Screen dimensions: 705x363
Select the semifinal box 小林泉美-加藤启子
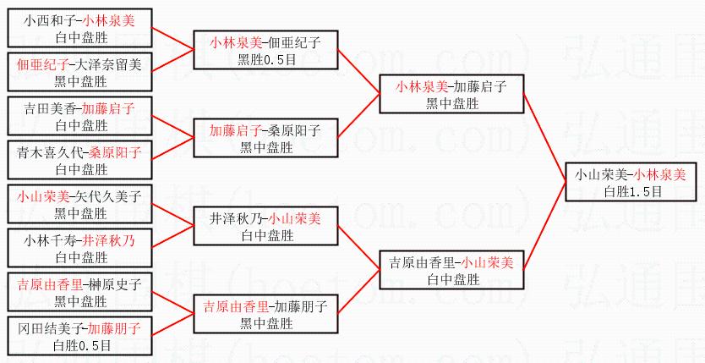[x=451, y=94]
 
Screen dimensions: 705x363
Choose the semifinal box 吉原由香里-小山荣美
[x=451, y=270]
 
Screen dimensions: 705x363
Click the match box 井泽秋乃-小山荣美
[x=265, y=225]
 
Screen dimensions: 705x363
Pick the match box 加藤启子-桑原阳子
[x=265, y=138]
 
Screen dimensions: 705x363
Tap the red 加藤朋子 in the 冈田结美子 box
[x=115, y=327]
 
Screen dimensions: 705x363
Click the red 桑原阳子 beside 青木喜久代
[x=115, y=153]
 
